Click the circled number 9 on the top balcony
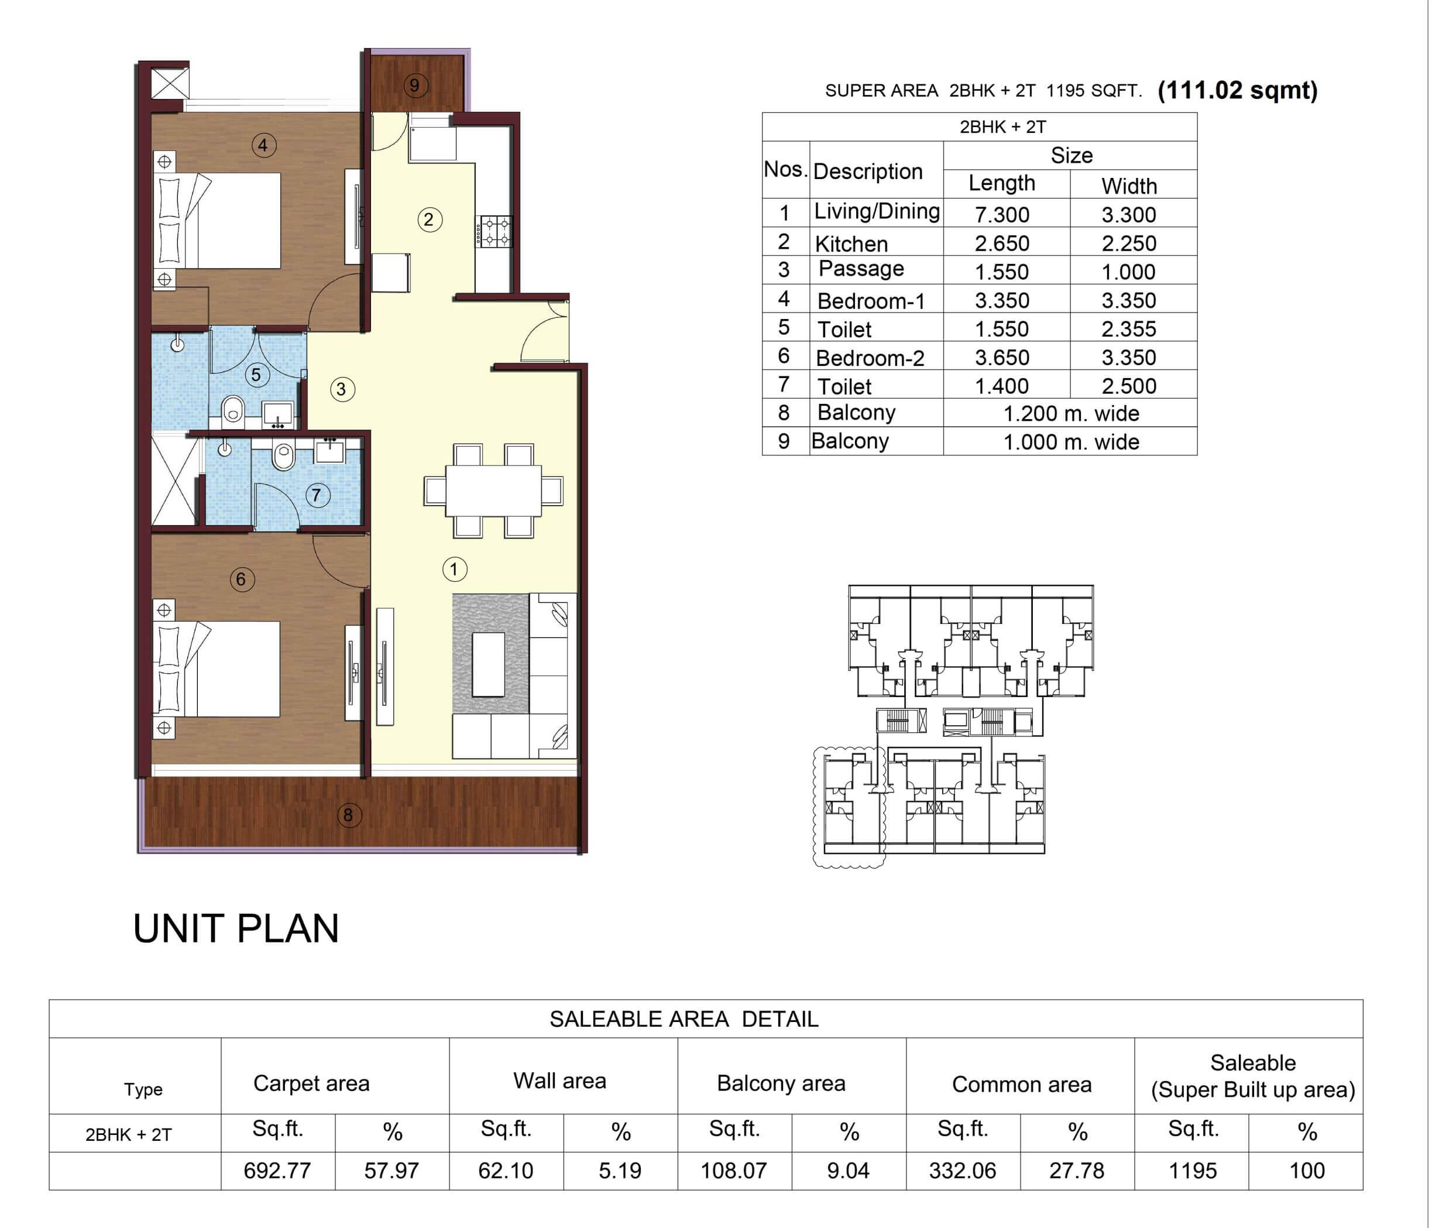click(415, 85)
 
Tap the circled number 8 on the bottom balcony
click(349, 815)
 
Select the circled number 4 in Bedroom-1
click(263, 145)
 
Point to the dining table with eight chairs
click(493, 491)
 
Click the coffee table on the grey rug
click(488, 665)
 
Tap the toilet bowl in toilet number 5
click(233, 410)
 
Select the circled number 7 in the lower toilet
click(317, 495)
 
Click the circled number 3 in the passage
click(341, 389)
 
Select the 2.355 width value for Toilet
click(1129, 328)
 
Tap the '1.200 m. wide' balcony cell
click(1070, 414)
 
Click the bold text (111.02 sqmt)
click(1237, 90)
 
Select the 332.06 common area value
click(962, 1171)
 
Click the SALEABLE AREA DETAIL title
click(684, 1019)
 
